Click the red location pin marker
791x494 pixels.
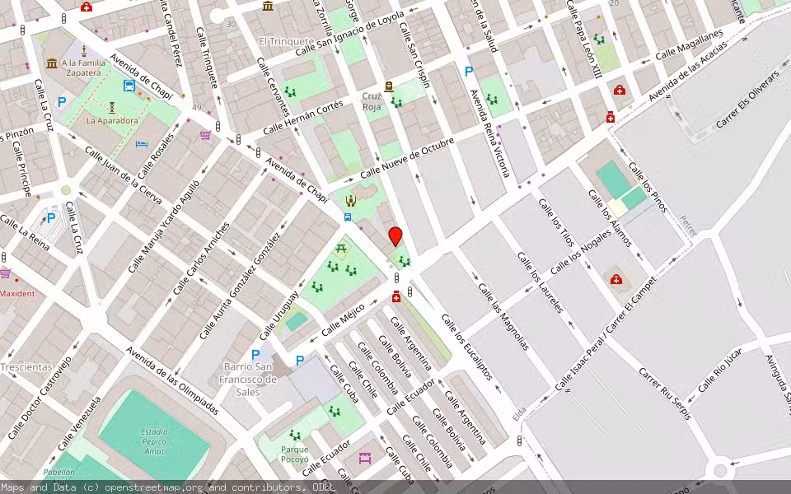pos(395,236)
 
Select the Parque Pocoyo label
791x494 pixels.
pos(294,454)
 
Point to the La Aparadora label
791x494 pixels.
pos(112,120)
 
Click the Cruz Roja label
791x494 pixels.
pos(372,101)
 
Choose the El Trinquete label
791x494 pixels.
pos(285,41)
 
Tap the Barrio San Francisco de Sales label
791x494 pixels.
pos(251,380)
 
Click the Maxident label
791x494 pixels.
pos(17,294)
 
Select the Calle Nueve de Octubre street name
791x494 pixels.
pos(407,157)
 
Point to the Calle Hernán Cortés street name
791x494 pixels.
pos(302,119)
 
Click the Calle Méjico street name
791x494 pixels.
pos(343,319)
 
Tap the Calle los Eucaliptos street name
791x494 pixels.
pos(466,347)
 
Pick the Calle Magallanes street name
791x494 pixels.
pos(688,45)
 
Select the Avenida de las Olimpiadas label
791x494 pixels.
pos(172,380)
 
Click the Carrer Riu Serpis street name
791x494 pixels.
pos(664,394)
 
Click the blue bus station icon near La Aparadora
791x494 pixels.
pos(129,86)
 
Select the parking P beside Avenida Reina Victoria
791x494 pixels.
pos(469,72)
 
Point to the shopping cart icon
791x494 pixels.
pos(205,134)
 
